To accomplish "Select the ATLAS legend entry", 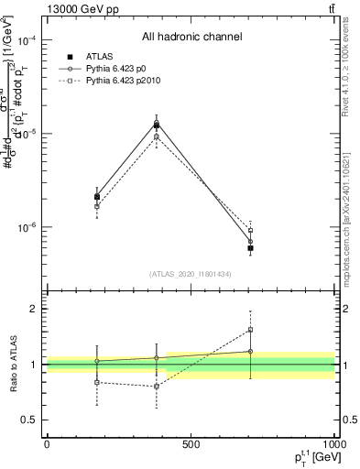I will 99,57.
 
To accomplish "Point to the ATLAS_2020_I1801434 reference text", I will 190,274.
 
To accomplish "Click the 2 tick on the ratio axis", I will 35,309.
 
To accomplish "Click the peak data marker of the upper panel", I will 157,124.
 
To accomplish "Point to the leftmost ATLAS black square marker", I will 97,197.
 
